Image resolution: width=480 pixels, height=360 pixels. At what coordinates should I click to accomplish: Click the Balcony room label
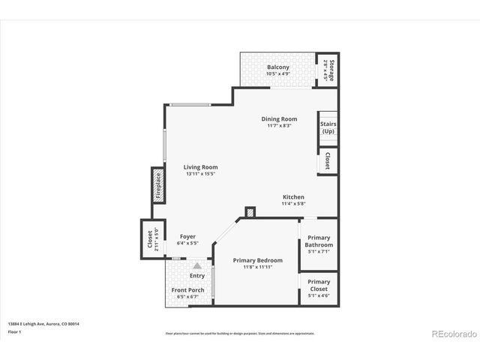278,67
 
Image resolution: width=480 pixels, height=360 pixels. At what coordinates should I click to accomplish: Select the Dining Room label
279,118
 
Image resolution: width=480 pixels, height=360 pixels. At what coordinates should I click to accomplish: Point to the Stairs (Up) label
328,127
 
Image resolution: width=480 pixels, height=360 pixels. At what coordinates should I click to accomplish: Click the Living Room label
200,167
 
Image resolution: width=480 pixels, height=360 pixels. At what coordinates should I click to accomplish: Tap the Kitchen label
293,196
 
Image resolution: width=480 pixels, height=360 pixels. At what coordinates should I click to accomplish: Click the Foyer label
187,237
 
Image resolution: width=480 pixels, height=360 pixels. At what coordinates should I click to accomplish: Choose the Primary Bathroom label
319,241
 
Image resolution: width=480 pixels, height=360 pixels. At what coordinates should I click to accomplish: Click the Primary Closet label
319,285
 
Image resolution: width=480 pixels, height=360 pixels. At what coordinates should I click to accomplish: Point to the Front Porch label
187,290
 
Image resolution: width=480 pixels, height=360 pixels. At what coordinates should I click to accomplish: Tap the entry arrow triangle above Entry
196,265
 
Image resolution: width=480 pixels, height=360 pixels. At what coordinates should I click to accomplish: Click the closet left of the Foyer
151,238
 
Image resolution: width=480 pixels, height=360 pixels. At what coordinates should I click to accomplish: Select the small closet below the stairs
328,161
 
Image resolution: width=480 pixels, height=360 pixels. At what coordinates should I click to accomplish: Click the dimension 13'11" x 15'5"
201,174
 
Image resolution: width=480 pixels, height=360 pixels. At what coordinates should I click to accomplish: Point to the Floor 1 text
15,331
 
